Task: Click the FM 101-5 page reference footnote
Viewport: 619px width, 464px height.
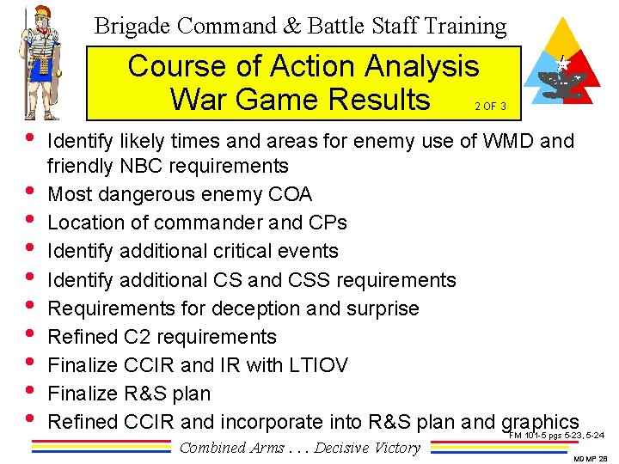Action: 556,436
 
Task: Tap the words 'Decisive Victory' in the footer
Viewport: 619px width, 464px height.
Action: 367,447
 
